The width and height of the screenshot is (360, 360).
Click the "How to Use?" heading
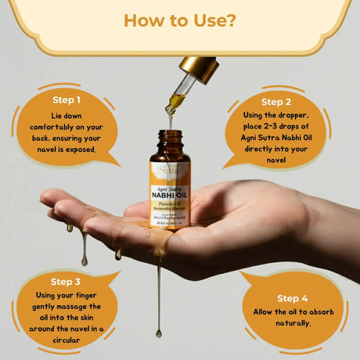pyautogui.click(x=180, y=20)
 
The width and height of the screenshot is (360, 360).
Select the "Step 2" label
pyautogui.click(x=276, y=102)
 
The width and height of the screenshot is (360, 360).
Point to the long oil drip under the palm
pyautogui.click(x=159, y=297)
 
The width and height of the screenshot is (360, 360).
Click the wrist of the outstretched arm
pyautogui.click(x=313, y=219)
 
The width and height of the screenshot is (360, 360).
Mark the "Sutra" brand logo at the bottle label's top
pyautogui.click(x=170, y=167)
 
